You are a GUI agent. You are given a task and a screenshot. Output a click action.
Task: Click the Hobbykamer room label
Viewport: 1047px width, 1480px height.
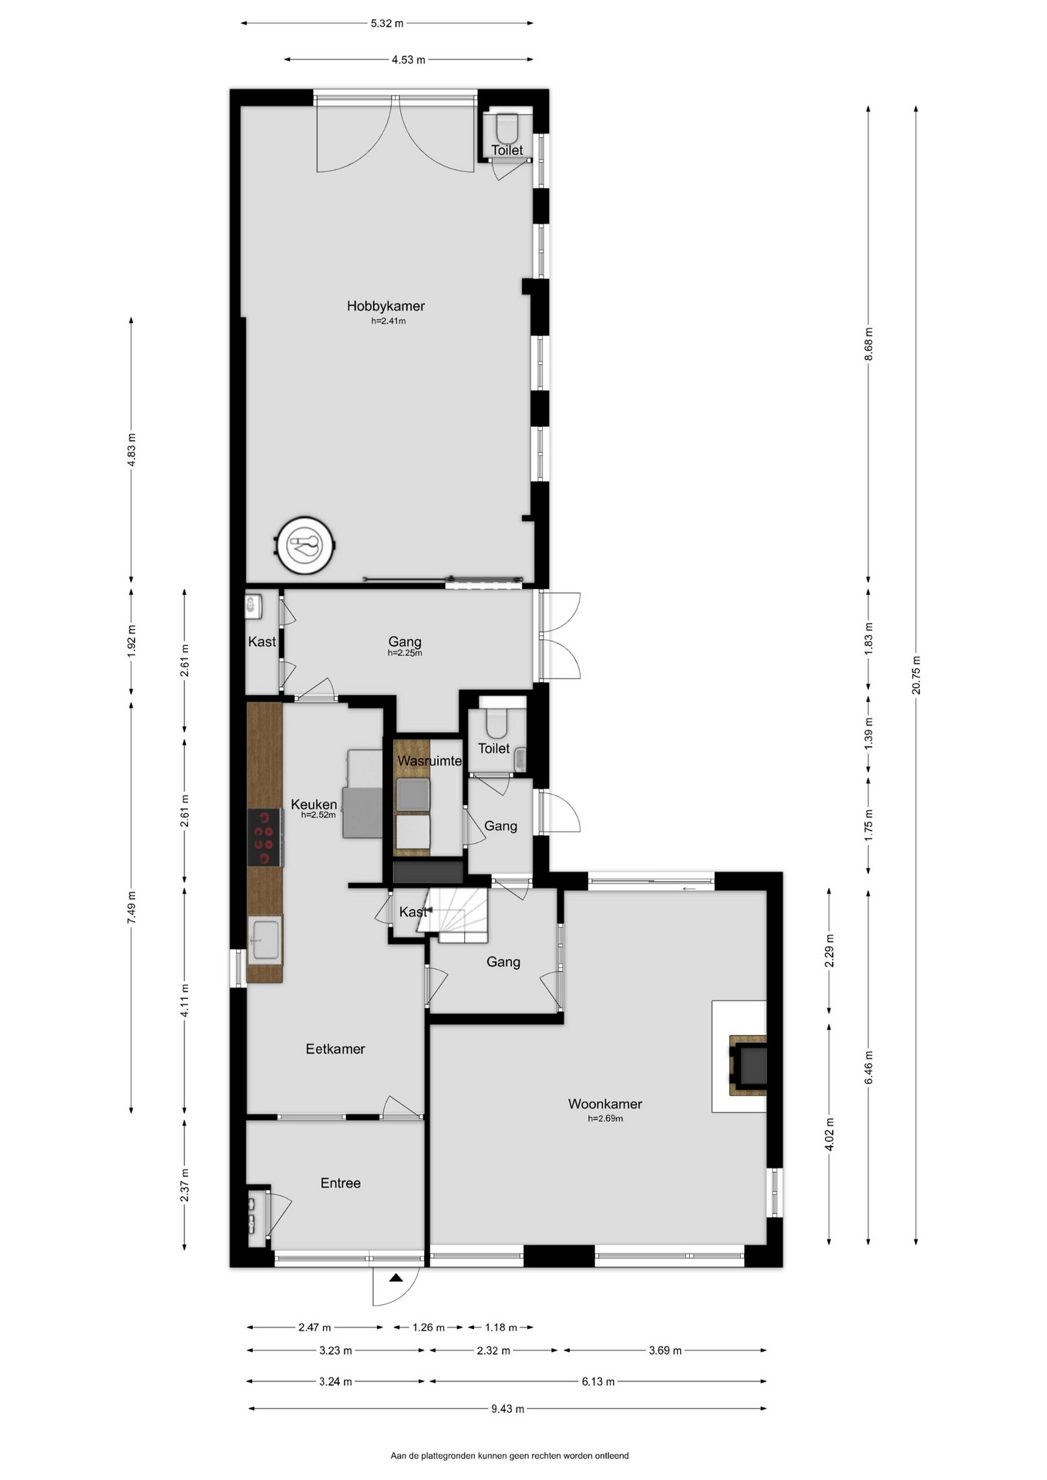385,306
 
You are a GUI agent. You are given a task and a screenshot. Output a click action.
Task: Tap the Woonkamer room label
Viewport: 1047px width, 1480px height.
605,1104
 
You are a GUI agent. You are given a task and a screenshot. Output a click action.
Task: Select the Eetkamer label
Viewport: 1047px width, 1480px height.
335,1049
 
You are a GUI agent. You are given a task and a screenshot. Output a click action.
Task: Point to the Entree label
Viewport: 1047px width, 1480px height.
341,1183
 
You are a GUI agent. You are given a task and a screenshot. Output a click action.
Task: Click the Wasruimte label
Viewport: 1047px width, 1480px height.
429,761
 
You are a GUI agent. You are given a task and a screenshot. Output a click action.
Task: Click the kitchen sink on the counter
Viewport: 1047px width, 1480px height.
264,939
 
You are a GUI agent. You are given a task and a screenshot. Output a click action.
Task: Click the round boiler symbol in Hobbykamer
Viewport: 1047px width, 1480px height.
306,546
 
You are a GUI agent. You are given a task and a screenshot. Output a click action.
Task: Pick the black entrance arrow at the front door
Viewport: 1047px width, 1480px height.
396,1278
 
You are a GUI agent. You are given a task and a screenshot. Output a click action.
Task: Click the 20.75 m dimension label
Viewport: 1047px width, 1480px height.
916,675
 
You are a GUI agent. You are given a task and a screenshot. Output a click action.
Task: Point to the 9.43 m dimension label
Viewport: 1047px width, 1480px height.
508,1408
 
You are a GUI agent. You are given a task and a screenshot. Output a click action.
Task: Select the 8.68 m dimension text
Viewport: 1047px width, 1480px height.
869,344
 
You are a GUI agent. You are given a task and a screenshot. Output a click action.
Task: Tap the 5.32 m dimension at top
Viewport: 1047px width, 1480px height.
387,23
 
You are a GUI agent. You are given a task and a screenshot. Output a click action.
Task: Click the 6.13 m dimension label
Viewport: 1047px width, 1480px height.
598,1381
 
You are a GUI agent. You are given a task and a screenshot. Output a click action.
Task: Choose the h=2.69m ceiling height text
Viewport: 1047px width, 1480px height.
605,1118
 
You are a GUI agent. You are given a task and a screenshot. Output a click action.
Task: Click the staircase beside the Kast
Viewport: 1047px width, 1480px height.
454,915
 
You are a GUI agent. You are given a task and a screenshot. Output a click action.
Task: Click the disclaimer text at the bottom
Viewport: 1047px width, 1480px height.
510,1456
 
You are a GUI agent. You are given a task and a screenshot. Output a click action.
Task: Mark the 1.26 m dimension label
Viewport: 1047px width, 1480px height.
429,1327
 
